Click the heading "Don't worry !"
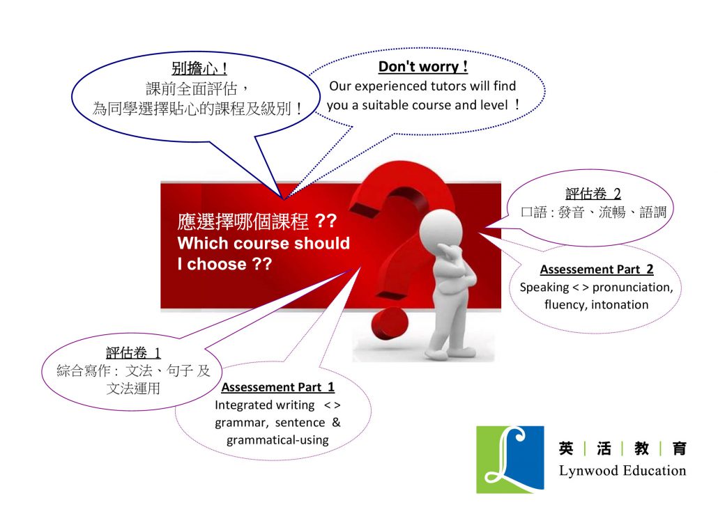click(x=422, y=66)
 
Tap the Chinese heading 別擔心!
click(x=199, y=69)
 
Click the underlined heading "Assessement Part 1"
click(x=278, y=387)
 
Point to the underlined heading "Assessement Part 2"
click(x=597, y=269)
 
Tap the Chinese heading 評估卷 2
click(x=593, y=194)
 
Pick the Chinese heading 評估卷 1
click(x=133, y=353)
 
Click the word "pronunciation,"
click(x=633, y=288)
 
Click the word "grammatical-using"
click(x=277, y=440)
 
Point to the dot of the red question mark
click(x=389, y=324)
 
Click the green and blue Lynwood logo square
click(x=510, y=460)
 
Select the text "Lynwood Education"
click(x=622, y=470)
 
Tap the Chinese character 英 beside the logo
click(x=566, y=448)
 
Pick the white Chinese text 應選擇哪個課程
click(x=243, y=221)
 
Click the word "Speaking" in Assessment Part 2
click(x=544, y=288)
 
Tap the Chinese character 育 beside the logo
click(x=680, y=448)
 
